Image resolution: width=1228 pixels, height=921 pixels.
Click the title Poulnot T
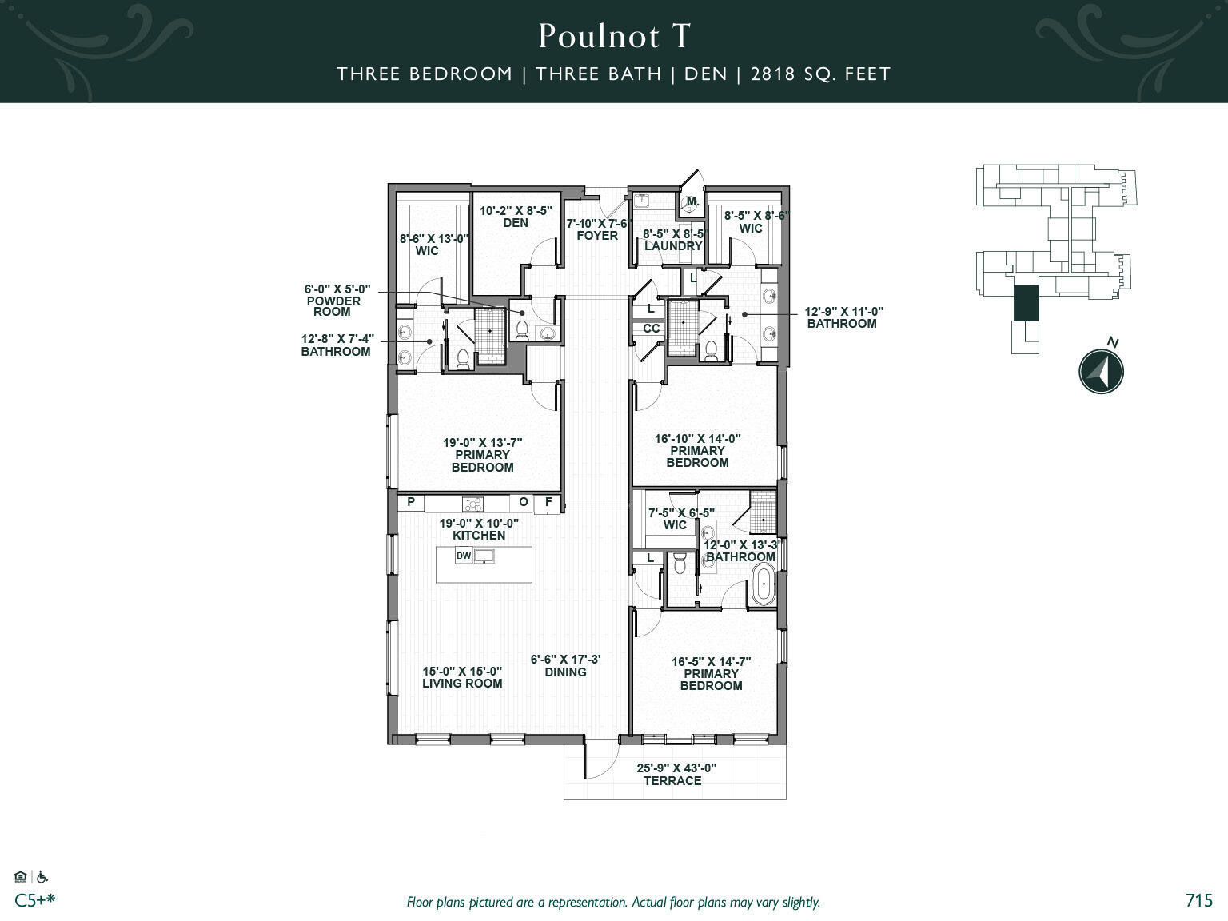coord(614,36)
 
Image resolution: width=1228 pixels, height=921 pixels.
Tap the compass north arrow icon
coord(1102,371)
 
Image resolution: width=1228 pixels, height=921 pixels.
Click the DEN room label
coord(516,223)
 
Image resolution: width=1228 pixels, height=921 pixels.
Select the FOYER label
coord(597,236)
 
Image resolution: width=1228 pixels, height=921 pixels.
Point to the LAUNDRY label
coord(672,246)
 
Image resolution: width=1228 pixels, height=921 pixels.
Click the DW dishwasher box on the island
coord(464,556)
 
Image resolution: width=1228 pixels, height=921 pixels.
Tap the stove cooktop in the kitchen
coord(472,504)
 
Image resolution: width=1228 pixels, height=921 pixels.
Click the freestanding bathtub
coord(763,587)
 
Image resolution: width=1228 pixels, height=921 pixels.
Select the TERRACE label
coord(672,781)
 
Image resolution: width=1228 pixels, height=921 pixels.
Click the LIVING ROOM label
coord(462,684)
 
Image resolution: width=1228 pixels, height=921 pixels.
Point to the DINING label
coord(565,672)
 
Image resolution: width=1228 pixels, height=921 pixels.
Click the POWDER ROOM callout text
coord(333,306)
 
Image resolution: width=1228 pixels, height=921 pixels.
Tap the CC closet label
coord(652,329)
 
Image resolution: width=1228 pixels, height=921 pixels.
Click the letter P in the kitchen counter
coord(411,502)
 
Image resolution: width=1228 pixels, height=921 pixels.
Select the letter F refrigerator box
coord(548,502)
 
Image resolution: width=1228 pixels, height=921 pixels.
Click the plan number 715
coord(1199,900)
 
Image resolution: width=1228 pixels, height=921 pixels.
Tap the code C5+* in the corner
coord(35,900)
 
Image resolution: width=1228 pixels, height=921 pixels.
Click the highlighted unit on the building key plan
coord(1025,304)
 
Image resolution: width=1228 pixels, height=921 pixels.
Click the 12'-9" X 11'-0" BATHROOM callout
coord(841,317)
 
